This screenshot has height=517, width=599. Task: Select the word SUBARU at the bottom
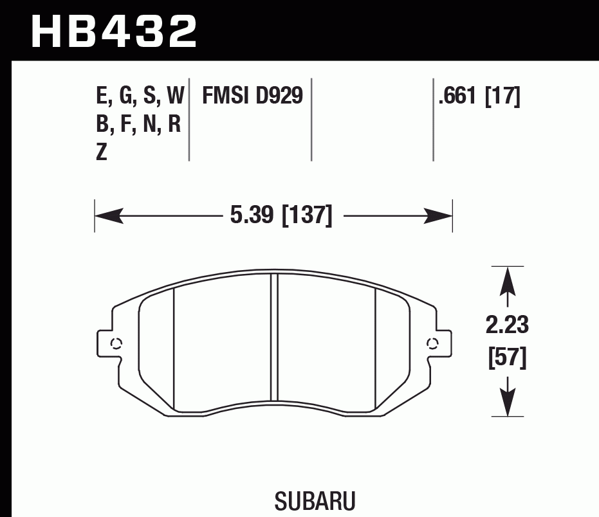click(315, 502)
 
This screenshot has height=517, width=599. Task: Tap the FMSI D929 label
click(252, 96)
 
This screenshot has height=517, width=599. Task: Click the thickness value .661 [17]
click(479, 96)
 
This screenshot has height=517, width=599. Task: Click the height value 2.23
click(508, 326)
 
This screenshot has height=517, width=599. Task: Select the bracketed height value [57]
click(508, 357)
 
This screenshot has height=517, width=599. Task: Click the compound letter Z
click(101, 153)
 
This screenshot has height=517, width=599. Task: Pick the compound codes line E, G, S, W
click(140, 96)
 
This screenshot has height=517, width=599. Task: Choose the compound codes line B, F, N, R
click(138, 125)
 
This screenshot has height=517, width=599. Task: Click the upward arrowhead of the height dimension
click(508, 280)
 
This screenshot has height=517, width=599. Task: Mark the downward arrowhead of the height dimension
click(508, 403)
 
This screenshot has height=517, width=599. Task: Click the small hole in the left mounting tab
click(116, 343)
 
